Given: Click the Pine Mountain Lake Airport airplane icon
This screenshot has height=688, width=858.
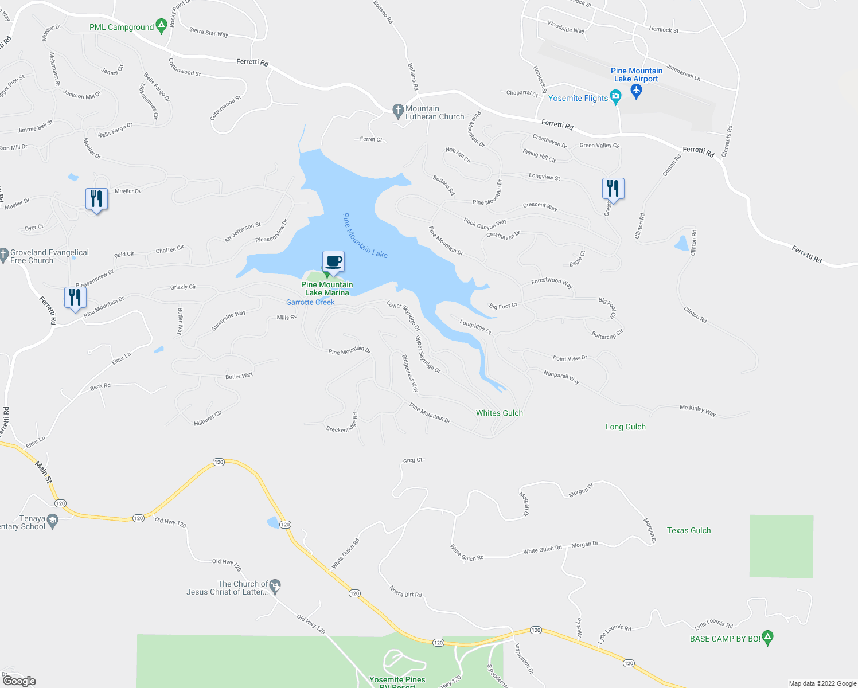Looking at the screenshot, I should click(x=635, y=91).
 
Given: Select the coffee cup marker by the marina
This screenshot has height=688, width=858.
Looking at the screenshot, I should click(x=333, y=263).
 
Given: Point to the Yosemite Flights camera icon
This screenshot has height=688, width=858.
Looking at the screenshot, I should click(x=616, y=98).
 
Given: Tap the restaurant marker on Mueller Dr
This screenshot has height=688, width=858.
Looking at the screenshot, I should click(x=96, y=200).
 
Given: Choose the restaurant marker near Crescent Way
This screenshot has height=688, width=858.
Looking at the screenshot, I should click(x=613, y=189).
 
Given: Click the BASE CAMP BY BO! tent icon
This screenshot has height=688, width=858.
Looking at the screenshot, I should click(x=768, y=636).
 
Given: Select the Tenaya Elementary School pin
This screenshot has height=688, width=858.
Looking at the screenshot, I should click(x=53, y=521).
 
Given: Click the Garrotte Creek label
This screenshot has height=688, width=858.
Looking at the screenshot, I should click(x=310, y=302).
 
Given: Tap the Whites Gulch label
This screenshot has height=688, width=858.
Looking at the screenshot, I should click(x=500, y=413).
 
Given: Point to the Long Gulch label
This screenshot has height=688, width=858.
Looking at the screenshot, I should click(x=626, y=427).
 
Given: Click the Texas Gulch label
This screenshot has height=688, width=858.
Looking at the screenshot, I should click(x=689, y=530).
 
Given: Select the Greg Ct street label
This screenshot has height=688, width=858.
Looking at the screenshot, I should click(x=412, y=460).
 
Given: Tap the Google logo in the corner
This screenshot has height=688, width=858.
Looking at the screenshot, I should click(x=19, y=681).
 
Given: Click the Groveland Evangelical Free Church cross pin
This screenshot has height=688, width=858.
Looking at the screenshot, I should click(x=4, y=253).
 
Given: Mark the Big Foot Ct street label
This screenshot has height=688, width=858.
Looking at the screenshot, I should click(x=503, y=306).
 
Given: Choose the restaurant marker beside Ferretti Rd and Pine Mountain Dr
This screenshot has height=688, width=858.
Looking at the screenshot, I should click(x=75, y=298).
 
